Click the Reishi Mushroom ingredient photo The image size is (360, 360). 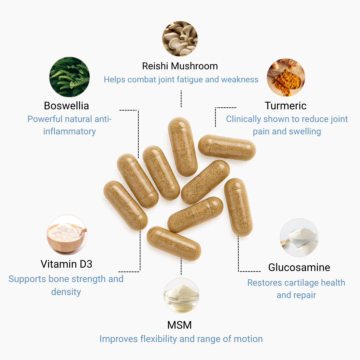click(180, 39)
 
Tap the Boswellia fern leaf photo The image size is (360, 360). click(69, 77)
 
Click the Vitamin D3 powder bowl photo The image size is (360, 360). click(67, 235)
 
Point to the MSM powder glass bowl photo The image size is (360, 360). click(181, 295)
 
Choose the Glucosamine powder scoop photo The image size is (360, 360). click(299, 238)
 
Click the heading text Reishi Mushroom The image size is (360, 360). click(180, 66)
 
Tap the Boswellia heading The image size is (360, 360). click(66, 106)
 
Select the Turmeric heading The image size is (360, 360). click(286, 106)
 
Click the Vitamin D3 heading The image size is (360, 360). click(66, 264)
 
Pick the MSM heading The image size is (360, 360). click(180, 325)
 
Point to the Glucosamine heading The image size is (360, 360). click(299, 267)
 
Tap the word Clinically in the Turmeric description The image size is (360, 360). click(243, 119)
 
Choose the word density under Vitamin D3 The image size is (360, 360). click(66, 292)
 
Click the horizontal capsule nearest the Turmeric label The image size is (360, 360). click(227, 147)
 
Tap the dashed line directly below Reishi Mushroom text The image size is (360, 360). click(181, 99)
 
